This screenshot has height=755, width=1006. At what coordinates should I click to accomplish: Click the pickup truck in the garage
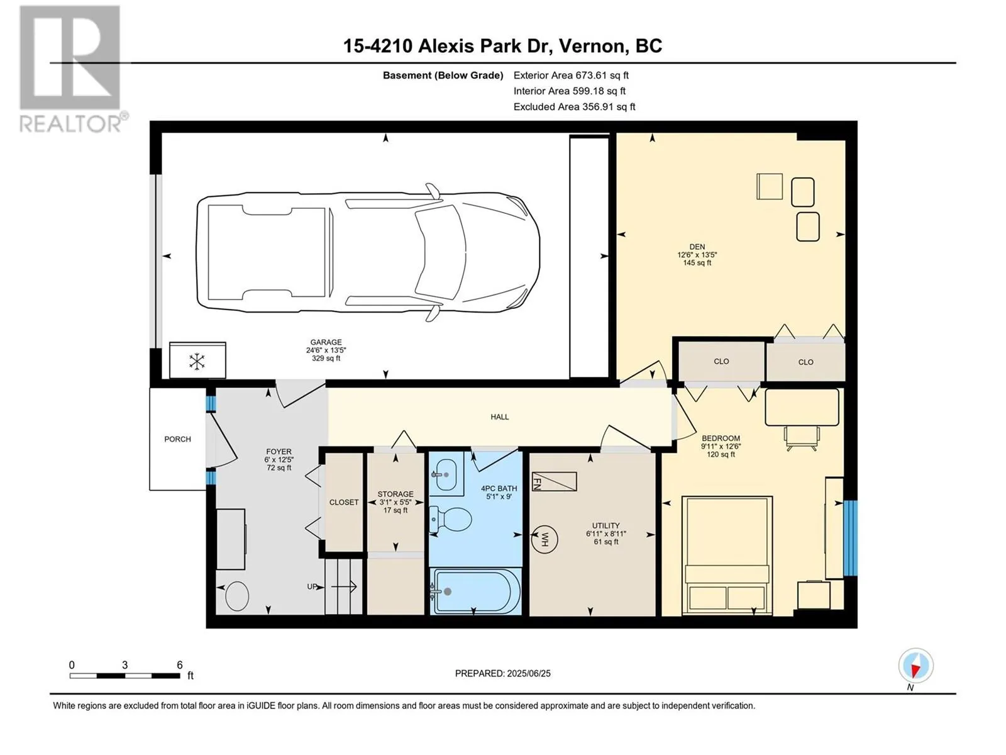point(368,252)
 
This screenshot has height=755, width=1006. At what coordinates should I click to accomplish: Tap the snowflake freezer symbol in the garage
point(197,361)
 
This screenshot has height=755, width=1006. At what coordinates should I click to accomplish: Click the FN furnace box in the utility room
point(554,481)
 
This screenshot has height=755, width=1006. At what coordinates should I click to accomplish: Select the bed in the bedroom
point(727,555)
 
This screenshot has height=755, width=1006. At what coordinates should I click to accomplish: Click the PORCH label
point(177,439)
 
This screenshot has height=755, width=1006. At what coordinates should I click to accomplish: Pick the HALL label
point(500,417)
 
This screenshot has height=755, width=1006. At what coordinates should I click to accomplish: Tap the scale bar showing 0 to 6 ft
point(124,676)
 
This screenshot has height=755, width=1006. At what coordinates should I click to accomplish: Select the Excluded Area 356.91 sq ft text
point(574,107)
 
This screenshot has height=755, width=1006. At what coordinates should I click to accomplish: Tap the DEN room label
point(697,247)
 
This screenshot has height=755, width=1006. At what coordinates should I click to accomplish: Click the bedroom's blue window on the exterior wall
point(850,538)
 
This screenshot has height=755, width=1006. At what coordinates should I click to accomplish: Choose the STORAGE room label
point(395,494)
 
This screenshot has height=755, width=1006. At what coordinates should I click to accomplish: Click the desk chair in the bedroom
point(801,438)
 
